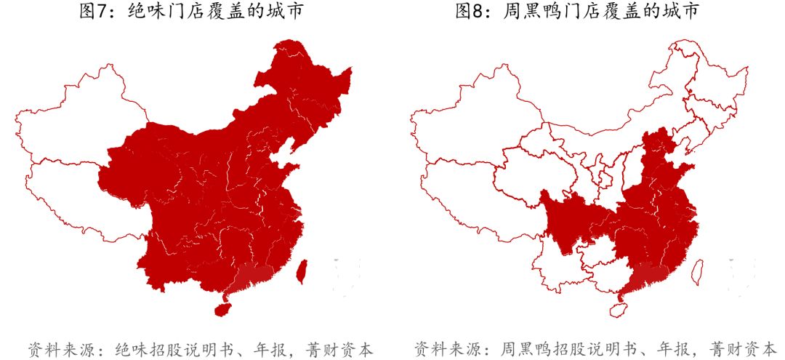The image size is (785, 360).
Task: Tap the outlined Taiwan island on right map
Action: (696, 271)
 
